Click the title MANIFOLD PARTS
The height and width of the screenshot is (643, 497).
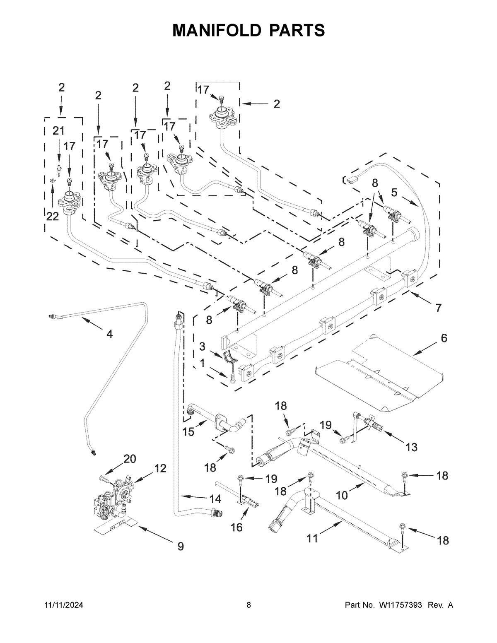click(248, 30)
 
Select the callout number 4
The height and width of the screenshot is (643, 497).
click(109, 334)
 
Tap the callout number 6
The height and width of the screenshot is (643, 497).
click(444, 338)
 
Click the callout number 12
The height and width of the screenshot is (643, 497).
click(160, 468)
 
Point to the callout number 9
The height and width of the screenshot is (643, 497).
click(181, 546)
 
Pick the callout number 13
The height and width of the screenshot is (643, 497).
click(411, 447)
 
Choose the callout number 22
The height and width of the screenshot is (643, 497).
click(52, 216)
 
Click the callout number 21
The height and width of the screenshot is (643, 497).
click(58, 131)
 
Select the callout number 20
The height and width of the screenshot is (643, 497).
click(130, 459)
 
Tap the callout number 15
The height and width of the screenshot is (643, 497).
click(188, 432)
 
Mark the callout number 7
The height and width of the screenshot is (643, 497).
click(438, 308)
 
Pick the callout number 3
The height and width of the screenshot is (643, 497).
click(202, 346)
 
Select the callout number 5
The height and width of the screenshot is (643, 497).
click(394, 192)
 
